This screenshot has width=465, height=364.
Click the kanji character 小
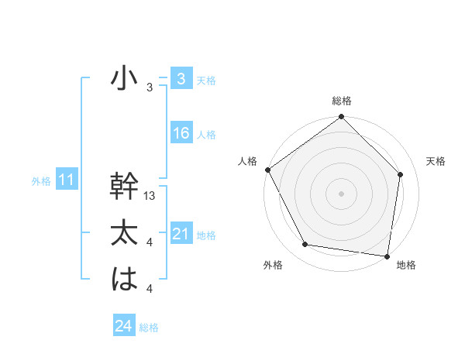[x=123, y=78]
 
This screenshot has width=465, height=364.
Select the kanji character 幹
[x=123, y=187]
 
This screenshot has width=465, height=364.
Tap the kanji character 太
[x=123, y=233]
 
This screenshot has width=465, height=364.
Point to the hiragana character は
[x=123, y=280]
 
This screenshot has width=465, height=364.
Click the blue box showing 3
[x=181, y=78]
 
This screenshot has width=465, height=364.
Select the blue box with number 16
[x=181, y=133]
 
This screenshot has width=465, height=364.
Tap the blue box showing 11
[x=66, y=180]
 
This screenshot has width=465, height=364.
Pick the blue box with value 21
[x=181, y=234]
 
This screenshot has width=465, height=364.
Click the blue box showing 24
[x=123, y=326]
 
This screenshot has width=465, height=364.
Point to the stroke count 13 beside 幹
[x=150, y=197]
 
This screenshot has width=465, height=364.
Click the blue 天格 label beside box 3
[x=206, y=80]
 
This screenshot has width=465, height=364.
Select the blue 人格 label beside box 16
[x=206, y=135]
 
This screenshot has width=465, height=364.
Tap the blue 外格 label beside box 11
[x=41, y=182]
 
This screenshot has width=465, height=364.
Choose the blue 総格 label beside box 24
[x=149, y=328]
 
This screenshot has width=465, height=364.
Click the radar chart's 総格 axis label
[x=341, y=101]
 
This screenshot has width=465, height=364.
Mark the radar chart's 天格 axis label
[x=436, y=161]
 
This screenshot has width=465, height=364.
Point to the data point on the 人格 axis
[x=268, y=170]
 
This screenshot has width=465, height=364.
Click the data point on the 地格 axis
[x=387, y=256]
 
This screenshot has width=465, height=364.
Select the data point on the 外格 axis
[x=305, y=245]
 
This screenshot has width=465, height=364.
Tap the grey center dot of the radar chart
[x=341, y=193]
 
